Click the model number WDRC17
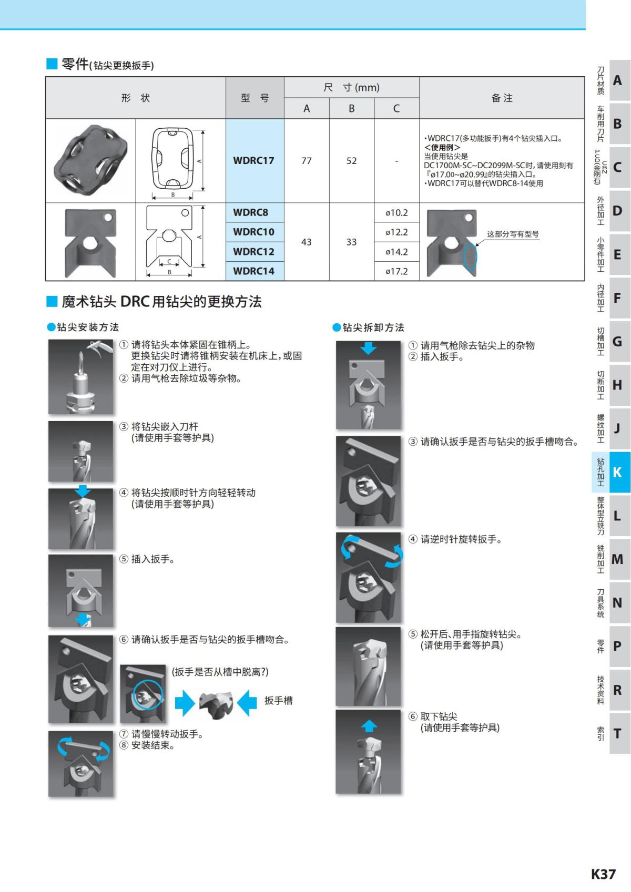click(x=253, y=161)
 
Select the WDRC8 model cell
click(x=250, y=212)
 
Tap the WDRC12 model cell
click(x=253, y=252)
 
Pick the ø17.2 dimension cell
click(x=396, y=271)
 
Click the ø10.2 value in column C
click(x=396, y=213)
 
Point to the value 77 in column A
click(x=307, y=161)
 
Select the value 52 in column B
click(x=351, y=161)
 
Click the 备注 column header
click(x=502, y=98)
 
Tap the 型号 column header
click(x=255, y=98)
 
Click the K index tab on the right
click(x=617, y=472)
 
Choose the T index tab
click(x=617, y=733)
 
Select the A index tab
click(x=617, y=80)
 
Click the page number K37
click(x=603, y=874)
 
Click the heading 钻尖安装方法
click(x=87, y=327)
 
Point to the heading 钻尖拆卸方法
click(x=373, y=327)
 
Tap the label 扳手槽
click(x=278, y=701)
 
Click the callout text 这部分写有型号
click(x=513, y=234)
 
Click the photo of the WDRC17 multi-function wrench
click(x=90, y=160)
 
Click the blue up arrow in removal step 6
click(x=369, y=726)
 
